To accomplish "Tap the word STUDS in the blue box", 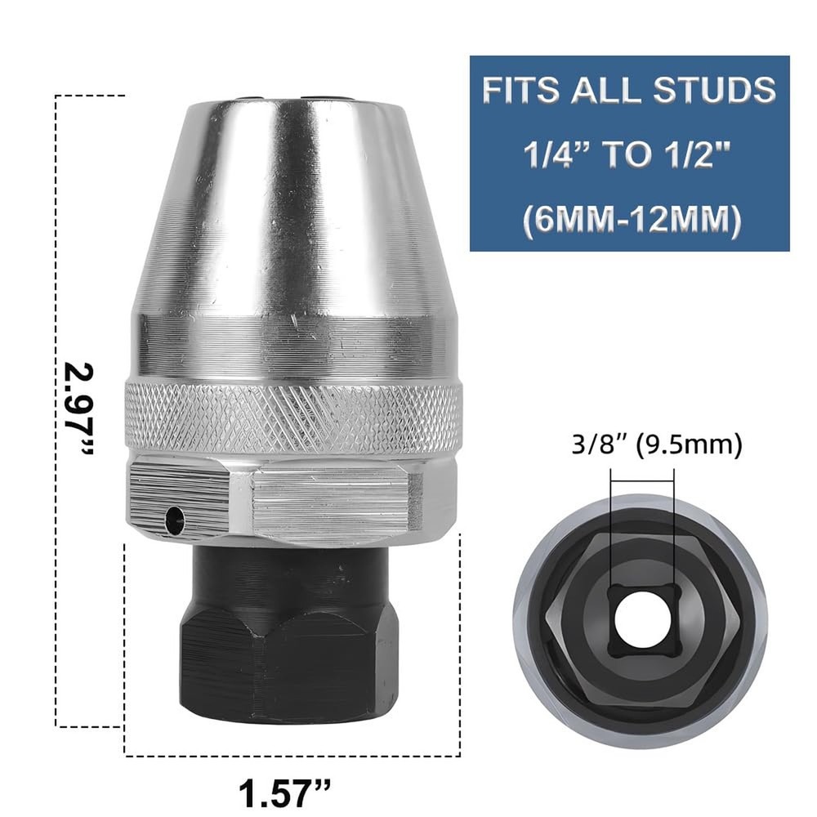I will pyautogui.click(x=716, y=90).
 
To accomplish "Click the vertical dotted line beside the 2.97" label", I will pyautogui.click(x=56, y=245).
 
